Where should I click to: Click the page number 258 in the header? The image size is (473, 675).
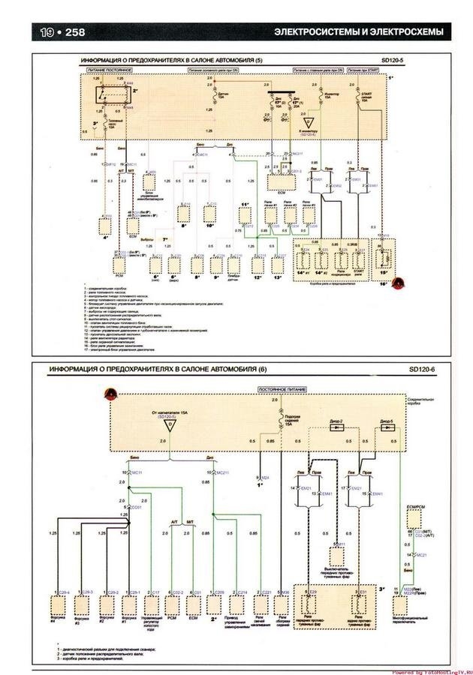pyautogui.click(x=76, y=32)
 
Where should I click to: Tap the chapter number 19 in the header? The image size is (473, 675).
pyautogui.click(x=47, y=32)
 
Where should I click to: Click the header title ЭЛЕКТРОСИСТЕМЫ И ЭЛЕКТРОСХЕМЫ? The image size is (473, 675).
pyautogui.click(x=358, y=32)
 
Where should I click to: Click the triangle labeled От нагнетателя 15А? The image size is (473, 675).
pyautogui.click(x=170, y=425)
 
